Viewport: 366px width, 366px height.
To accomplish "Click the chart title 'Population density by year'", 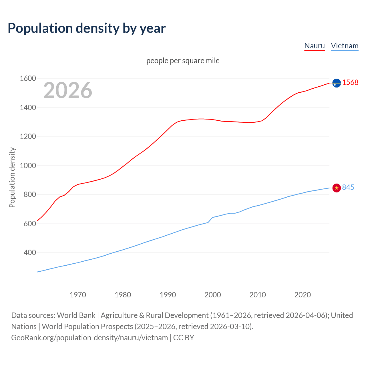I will click(x=87, y=28).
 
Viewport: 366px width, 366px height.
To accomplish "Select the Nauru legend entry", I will click(x=315, y=46).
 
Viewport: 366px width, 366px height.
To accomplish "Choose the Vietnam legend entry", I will click(x=345, y=46).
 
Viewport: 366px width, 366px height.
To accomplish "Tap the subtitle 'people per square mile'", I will click(x=183, y=61).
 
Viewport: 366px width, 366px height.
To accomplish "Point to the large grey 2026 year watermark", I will click(x=68, y=90).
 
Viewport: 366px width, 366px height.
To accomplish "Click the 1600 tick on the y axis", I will click(x=28, y=78).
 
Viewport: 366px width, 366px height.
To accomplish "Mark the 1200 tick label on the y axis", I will click(x=28, y=136).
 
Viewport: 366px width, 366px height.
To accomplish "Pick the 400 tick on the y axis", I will click(x=30, y=252).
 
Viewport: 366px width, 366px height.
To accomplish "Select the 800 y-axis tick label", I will click(x=30, y=194).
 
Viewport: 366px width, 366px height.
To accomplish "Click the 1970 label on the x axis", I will click(x=78, y=295).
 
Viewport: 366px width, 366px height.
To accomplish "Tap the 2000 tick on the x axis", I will click(x=213, y=295).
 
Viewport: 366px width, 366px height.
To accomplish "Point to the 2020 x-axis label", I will click(x=303, y=295).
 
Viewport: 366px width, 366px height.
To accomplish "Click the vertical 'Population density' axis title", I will click(x=12, y=177).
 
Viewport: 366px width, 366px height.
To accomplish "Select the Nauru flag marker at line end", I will click(x=337, y=83).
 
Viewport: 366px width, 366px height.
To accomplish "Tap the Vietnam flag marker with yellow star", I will click(x=337, y=188).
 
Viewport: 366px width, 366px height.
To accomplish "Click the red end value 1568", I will click(x=350, y=82).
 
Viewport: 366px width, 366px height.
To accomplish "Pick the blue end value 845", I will click(x=348, y=187).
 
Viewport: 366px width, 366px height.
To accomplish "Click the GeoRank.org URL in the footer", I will click(x=89, y=338).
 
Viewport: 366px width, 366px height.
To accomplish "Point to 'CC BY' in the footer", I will click(x=184, y=338).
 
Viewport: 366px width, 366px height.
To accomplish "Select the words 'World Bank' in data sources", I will click(x=76, y=315).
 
